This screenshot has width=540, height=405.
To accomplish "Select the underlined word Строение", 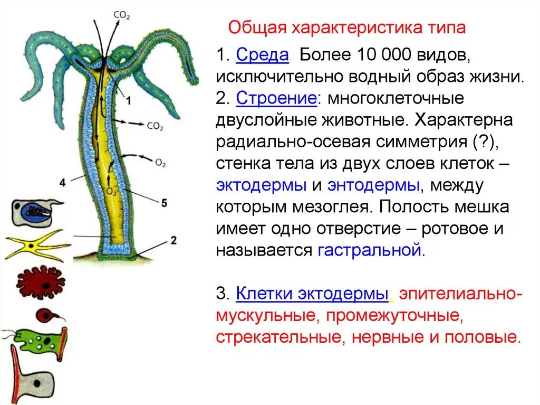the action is click(276, 99).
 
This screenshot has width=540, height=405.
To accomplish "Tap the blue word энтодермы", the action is click(373, 185).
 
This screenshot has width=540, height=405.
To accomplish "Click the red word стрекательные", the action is click(276, 337).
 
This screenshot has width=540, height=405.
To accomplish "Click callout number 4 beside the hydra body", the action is click(62, 183).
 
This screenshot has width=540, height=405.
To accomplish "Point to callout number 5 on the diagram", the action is click(164, 203).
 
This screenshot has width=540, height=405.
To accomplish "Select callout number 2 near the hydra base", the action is click(173, 241).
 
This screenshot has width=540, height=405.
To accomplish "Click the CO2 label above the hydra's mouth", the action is click(122, 16).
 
